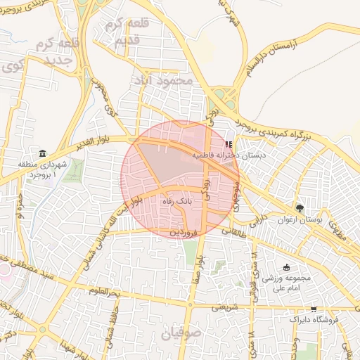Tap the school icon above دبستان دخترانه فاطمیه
(227, 145)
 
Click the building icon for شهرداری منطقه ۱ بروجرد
(43, 154)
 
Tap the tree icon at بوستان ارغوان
(300, 209)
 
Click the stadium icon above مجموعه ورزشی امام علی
(285, 267)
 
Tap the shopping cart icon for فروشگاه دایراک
(314, 308)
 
